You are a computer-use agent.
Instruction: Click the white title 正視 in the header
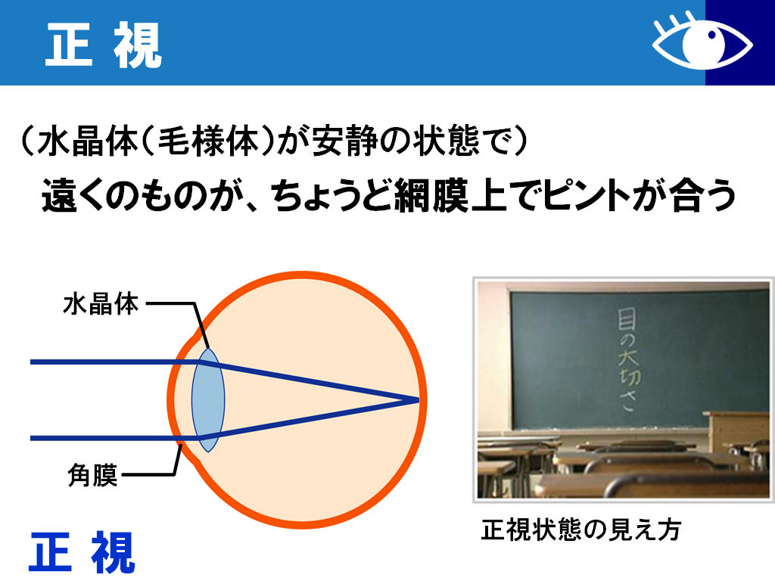pyautogui.click(x=104, y=45)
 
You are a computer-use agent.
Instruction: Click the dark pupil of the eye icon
pyautogui.click(x=712, y=36)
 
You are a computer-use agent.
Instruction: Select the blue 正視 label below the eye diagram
pyautogui.click(x=82, y=552)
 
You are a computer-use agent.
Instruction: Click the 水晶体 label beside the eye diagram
pyautogui.click(x=101, y=303)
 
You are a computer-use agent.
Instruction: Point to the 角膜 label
pyautogui.click(x=92, y=475)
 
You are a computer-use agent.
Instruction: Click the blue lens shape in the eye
pyautogui.click(x=208, y=399)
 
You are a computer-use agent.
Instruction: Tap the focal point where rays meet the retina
pyautogui.click(x=418, y=399)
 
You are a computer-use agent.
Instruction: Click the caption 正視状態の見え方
pyautogui.click(x=580, y=530)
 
